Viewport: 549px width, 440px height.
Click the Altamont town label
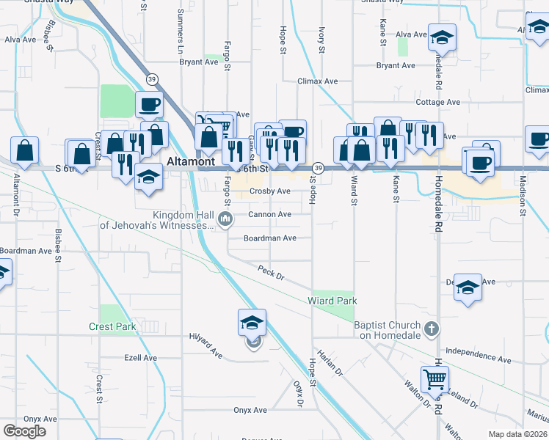190,161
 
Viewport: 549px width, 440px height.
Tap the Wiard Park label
332,301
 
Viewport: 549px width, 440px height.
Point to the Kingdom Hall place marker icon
226,219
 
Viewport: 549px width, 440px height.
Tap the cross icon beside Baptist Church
432,329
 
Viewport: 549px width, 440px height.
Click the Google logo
24,431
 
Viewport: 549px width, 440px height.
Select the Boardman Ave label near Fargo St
270,238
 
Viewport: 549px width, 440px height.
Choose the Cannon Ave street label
269,214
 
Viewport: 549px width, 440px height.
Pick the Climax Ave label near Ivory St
317,81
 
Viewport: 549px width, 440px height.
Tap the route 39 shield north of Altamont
152,78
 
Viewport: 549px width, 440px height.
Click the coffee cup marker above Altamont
149,104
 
